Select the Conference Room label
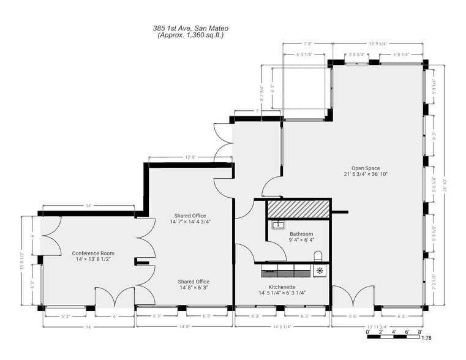click(x=93, y=257)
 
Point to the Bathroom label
click(x=301, y=238)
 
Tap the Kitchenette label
click(x=282, y=290)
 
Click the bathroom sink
click(x=274, y=225)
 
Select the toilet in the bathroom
click(x=317, y=256)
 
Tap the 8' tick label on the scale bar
click(x=419, y=332)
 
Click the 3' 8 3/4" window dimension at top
click(x=356, y=54)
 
